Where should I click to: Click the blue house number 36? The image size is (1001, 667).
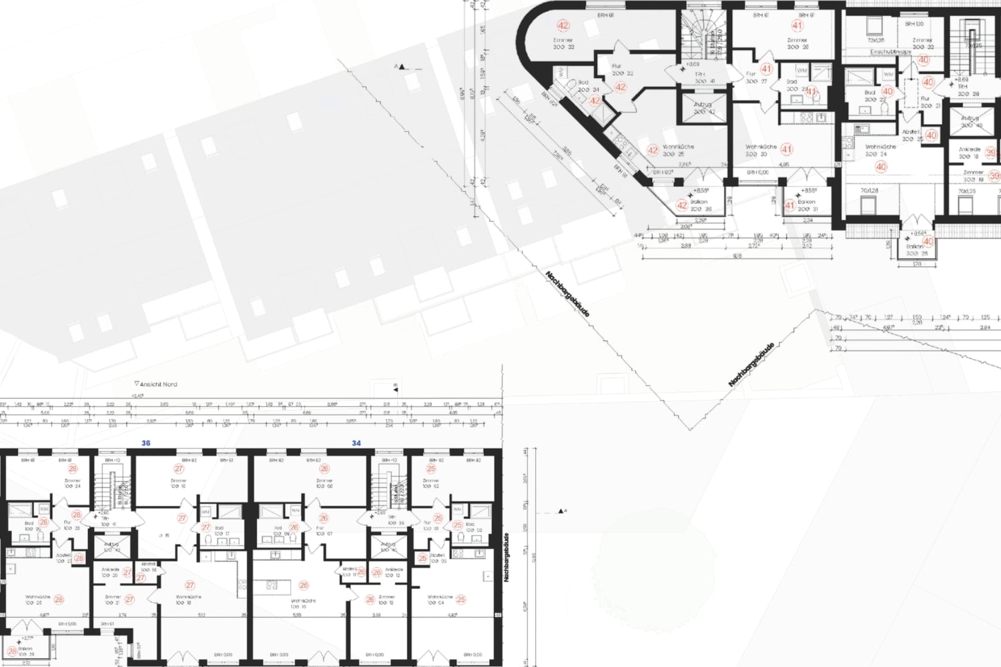click(146, 443)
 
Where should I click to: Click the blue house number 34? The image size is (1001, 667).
click(356, 443)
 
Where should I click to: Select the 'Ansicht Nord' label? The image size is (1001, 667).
click(159, 384)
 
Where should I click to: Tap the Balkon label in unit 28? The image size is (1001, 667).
click(25, 648)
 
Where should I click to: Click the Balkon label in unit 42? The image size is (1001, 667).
click(699, 201)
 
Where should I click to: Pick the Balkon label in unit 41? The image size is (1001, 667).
click(807, 201)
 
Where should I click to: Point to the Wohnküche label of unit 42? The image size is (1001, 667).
click(678, 147)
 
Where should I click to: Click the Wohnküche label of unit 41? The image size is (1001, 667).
click(761, 147)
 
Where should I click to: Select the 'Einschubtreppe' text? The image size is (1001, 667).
click(890, 51)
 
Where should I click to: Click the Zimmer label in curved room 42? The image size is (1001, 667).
click(563, 40)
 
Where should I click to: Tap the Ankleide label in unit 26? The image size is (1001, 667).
click(394, 570)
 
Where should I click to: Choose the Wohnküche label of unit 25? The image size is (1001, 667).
click(440, 597)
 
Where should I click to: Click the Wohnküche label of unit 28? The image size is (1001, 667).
click(38, 597)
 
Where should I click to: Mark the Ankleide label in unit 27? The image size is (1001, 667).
click(111, 570)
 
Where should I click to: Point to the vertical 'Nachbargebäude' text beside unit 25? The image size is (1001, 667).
click(507, 558)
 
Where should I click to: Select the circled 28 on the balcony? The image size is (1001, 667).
click(11, 652)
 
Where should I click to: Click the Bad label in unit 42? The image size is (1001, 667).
click(583, 83)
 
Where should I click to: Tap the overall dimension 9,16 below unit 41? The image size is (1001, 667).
click(737, 256)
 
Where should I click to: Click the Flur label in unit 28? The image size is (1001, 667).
click(67, 522)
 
